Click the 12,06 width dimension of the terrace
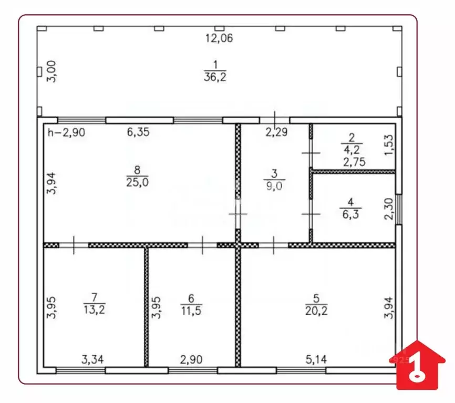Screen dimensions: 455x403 click(x=219, y=38)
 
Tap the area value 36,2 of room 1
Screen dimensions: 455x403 click(x=215, y=77)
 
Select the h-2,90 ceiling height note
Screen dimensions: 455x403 click(x=66, y=132)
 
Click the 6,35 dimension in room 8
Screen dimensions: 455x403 click(x=138, y=132)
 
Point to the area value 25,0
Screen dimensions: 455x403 click(x=137, y=182)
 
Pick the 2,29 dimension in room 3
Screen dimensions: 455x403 click(x=276, y=132)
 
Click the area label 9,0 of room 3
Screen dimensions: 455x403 click(x=274, y=186)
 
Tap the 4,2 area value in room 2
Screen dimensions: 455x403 click(x=351, y=150)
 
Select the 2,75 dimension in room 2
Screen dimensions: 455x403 click(x=354, y=162)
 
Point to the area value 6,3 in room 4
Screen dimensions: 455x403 click(x=350, y=214)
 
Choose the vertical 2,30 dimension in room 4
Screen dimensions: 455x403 click(x=389, y=209)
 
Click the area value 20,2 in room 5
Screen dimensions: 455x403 click(x=316, y=311)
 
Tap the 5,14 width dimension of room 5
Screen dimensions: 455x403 click(x=316, y=360)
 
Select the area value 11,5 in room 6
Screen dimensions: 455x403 click(x=191, y=311)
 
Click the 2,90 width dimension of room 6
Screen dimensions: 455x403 click(x=191, y=360)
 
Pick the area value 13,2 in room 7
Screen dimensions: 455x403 click(x=94, y=309)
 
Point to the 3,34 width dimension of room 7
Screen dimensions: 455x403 click(x=92, y=360)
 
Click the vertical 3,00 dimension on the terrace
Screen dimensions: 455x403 click(x=51, y=71)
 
